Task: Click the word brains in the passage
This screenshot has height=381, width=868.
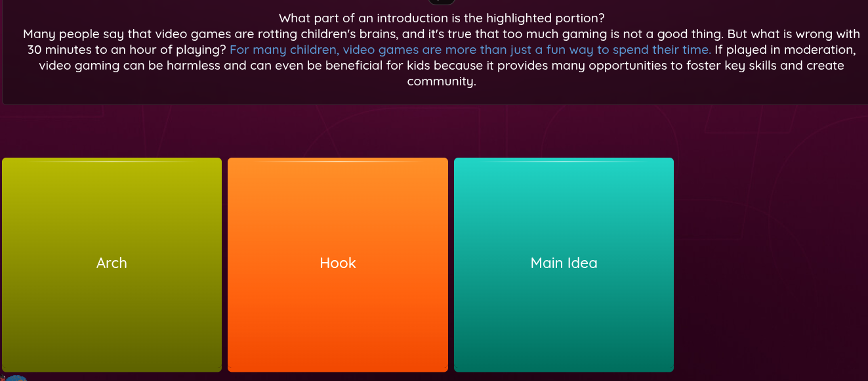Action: [x=377, y=34]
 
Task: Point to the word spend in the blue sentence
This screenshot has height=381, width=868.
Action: [x=630, y=51]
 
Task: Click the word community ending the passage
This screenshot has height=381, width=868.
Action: [x=440, y=82]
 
